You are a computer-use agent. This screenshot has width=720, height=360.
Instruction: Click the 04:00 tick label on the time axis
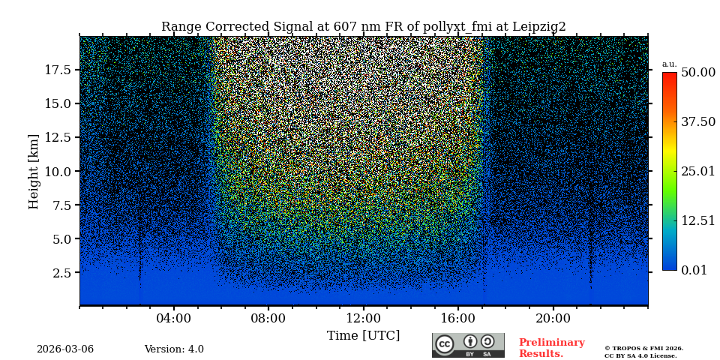click(174, 318)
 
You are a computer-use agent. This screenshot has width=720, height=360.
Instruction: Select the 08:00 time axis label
click(268, 318)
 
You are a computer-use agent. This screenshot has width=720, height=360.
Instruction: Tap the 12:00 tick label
click(363, 318)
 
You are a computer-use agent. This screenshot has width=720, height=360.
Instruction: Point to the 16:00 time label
click(458, 318)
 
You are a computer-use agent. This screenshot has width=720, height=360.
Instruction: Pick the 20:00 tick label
click(553, 318)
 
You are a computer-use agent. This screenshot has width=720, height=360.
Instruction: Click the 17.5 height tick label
click(58, 70)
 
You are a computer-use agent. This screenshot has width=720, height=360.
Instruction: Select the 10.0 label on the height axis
click(58, 171)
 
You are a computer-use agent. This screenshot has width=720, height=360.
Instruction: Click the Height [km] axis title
click(34, 171)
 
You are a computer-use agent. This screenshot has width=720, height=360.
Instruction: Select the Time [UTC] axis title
click(363, 336)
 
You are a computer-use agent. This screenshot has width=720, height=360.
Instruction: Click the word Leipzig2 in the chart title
click(539, 27)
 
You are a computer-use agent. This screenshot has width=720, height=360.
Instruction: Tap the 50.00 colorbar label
click(697, 73)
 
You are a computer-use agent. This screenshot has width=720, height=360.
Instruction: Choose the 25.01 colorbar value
click(697, 172)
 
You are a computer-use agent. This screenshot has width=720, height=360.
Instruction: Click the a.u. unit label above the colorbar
click(669, 64)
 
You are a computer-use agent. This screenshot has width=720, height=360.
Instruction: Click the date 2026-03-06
click(65, 349)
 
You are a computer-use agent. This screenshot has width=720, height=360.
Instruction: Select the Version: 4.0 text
click(174, 349)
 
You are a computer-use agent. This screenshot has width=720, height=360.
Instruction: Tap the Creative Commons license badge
click(468, 345)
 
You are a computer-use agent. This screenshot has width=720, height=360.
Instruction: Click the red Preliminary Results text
click(551, 348)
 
